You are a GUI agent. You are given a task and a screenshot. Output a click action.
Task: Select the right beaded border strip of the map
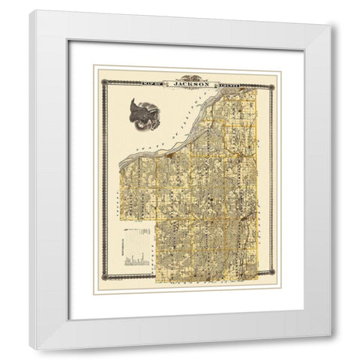point(272,180)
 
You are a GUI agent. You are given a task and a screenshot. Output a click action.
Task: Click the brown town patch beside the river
point(171,156)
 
